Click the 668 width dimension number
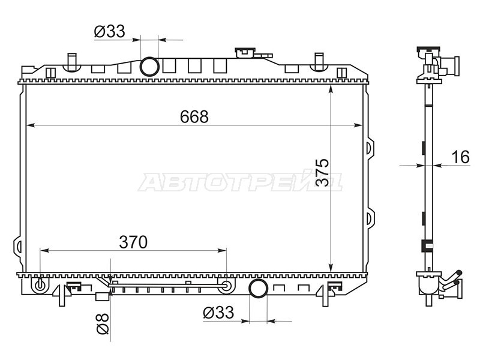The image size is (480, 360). pos(194,116)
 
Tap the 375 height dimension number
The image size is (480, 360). pos(322,172)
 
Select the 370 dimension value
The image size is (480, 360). pos(133,242)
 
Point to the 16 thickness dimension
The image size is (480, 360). pos(460,157)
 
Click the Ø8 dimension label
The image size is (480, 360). pos(103,323)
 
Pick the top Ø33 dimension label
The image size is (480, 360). pos(110,31)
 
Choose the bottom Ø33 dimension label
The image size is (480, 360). pos(218,313)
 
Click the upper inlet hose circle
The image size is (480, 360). pos(149,67)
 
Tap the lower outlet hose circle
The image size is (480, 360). pos(259,288)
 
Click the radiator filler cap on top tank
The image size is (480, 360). pos(245,53)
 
